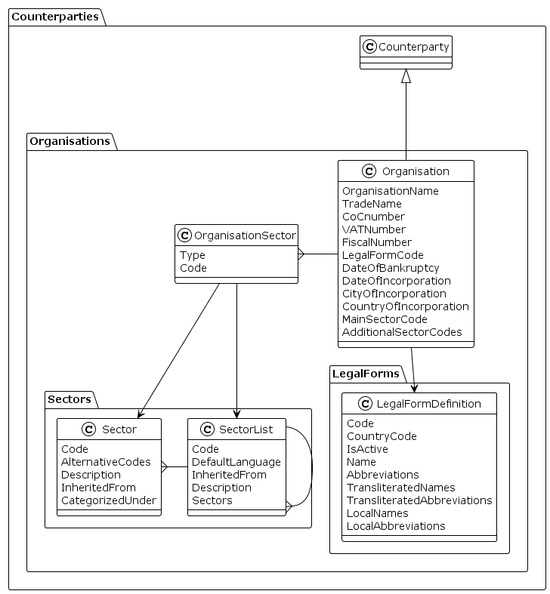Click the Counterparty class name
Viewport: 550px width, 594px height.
point(413,47)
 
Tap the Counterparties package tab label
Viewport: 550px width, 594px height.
point(55,17)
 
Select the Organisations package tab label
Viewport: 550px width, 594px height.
point(70,141)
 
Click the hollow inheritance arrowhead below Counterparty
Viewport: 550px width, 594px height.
point(406,76)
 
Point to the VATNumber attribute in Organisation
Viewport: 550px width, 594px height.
point(374,229)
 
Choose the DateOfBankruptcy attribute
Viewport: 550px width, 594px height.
point(391,268)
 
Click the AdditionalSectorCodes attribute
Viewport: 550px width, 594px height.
point(402,332)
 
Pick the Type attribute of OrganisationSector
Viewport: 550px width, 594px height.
point(193,255)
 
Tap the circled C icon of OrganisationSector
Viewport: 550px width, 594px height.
point(185,234)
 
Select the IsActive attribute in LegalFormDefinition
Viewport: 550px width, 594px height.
point(368,449)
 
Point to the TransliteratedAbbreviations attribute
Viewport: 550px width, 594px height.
point(419,500)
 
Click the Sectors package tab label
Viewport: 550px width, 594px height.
point(69,399)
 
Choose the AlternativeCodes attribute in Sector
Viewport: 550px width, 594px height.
point(106,462)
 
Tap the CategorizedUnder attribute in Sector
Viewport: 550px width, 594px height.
point(109,500)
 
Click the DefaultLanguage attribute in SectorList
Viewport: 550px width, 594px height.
point(236,462)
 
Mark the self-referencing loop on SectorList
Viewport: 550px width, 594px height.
point(311,466)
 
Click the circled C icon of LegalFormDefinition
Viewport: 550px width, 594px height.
point(355,404)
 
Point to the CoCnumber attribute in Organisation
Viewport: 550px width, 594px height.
point(373,217)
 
